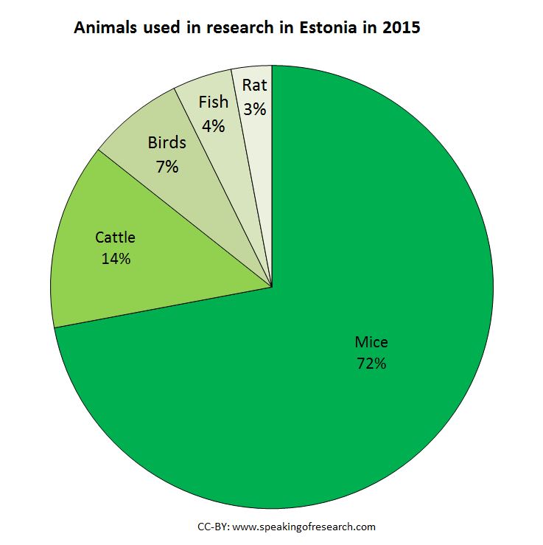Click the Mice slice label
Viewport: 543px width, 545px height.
[x=371, y=342]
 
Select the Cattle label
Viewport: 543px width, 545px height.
[x=116, y=237]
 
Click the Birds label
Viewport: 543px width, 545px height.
[x=167, y=142]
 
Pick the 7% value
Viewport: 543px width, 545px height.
[x=167, y=166]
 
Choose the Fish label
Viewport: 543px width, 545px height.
[x=214, y=103]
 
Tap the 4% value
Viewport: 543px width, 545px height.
[x=214, y=125]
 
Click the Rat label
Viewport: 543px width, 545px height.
[x=254, y=85]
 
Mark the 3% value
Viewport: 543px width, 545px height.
[x=254, y=108]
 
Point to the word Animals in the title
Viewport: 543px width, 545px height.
[x=102, y=29]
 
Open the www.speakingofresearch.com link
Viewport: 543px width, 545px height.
[x=304, y=527]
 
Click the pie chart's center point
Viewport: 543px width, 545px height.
[x=272, y=287]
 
